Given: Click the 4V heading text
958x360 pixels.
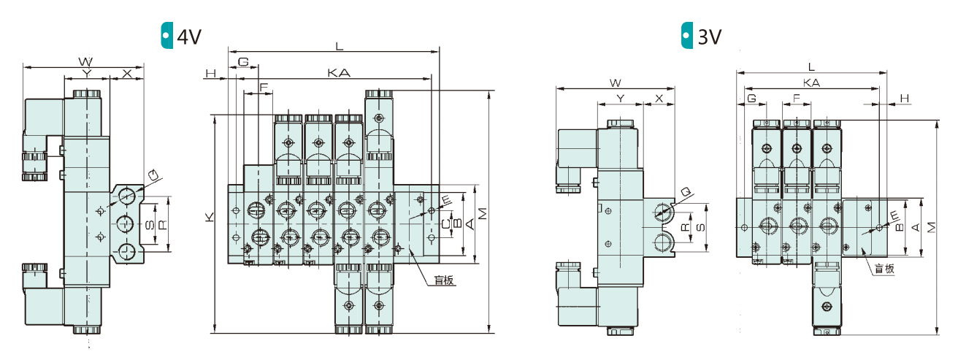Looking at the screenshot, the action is click(x=189, y=37).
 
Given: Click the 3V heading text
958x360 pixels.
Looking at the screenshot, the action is click(x=710, y=37).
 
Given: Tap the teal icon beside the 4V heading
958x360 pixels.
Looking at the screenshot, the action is click(x=166, y=35).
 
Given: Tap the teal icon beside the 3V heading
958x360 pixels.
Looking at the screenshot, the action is click(x=687, y=35).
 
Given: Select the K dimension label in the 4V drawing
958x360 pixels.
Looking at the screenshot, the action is click(x=209, y=217).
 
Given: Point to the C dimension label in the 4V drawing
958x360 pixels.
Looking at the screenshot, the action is click(x=446, y=223).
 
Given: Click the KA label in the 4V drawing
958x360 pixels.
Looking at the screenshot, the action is click(x=339, y=73).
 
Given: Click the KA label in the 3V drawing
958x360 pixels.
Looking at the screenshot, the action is click(x=811, y=83).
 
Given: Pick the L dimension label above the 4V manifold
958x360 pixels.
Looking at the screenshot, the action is click(x=339, y=46).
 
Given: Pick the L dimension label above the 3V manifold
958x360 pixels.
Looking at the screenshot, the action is click(x=811, y=67).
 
